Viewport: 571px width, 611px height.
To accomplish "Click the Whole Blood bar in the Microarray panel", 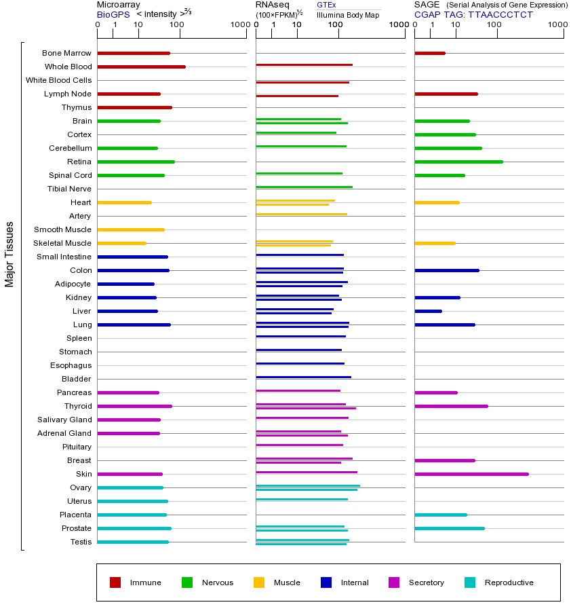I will [141, 67].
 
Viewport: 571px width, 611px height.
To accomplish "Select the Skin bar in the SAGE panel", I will [471, 474].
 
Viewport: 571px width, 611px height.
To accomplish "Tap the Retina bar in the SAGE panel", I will [458, 162].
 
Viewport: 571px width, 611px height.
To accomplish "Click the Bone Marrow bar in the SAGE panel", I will [430, 53].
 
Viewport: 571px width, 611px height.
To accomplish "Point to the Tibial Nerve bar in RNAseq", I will [304, 186].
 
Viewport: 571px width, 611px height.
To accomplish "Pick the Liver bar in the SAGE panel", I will [428, 311].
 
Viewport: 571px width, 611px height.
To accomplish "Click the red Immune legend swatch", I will [115, 582].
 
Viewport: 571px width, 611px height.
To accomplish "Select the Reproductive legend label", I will [509, 582].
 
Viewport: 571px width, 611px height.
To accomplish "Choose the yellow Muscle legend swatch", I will [259, 582].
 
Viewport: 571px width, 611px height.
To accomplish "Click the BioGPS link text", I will [113, 14].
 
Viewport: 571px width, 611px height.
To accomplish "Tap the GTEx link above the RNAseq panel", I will [326, 5].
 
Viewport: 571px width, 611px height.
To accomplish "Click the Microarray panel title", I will [119, 5].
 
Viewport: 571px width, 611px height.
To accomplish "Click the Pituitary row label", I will [77, 447].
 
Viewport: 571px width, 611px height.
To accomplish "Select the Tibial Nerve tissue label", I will [69, 189].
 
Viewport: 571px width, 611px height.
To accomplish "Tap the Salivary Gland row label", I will [64, 420].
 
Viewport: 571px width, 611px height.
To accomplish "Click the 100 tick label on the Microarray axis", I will [176, 25].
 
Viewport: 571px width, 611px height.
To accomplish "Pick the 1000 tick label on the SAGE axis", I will [557, 25].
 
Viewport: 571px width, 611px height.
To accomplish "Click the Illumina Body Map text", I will [348, 14].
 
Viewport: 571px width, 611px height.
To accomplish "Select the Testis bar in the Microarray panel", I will [133, 542].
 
